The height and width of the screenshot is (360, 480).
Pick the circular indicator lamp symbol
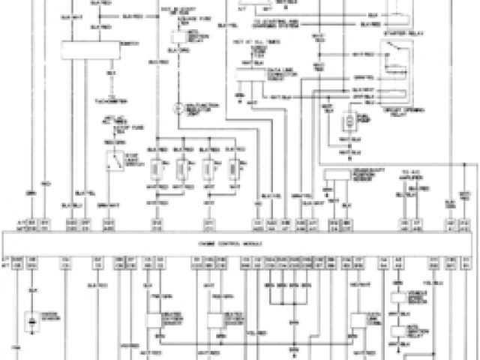tap(179, 109)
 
